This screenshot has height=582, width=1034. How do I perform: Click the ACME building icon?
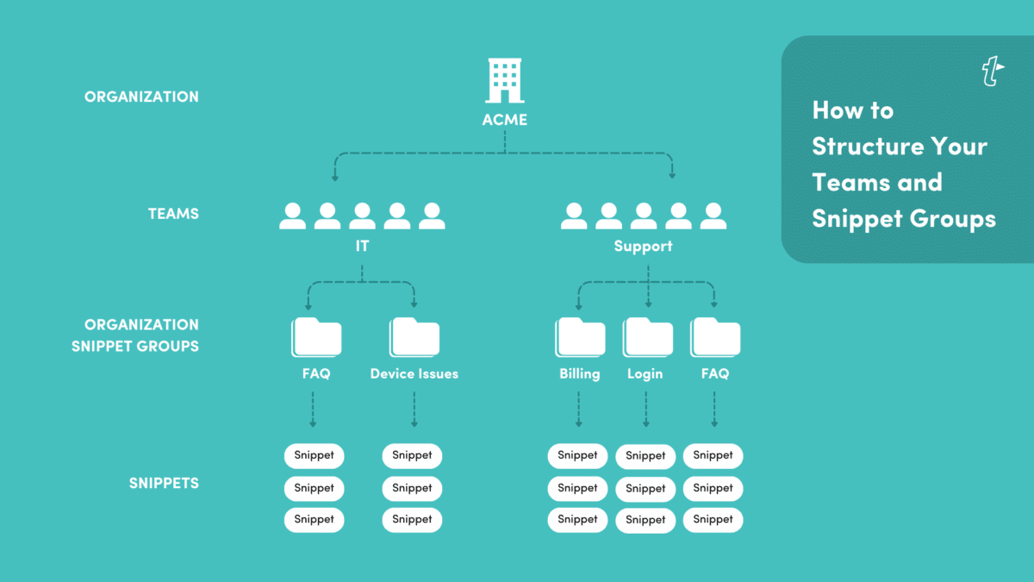[505, 80]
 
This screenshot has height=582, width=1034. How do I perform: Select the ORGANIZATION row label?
[141, 97]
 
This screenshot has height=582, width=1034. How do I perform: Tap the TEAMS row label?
[173, 214]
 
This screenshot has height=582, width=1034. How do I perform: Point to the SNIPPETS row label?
[164, 483]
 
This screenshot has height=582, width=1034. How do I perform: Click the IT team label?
[362, 247]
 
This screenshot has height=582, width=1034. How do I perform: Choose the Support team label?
[643, 247]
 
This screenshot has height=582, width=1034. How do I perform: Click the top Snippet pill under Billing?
[577, 455]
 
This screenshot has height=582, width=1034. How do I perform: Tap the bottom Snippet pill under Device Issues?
[412, 520]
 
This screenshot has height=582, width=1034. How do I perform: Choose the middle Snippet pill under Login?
[645, 488]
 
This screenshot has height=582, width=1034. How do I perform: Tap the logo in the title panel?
[993, 72]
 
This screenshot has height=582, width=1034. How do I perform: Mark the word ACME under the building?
[505, 120]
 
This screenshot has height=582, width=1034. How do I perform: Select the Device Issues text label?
[414, 374]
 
